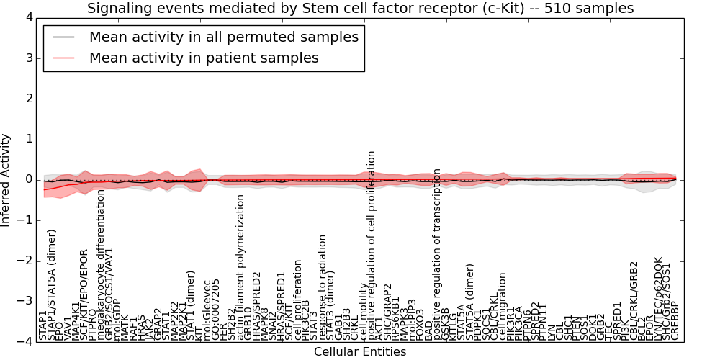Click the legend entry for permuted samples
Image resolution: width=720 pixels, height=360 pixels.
pos(223,37)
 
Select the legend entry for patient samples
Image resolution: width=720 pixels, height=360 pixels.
pos(204,58)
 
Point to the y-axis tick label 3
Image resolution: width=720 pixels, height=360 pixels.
pos(28,58)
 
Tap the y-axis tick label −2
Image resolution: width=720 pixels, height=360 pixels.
pos(25,261)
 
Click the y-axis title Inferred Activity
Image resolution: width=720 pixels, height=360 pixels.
pos(6,179)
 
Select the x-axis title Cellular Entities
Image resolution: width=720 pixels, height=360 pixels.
pos(359,351)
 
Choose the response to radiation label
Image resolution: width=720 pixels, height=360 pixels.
pos(323,287)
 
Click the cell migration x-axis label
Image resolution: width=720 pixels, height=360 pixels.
pos(503,313)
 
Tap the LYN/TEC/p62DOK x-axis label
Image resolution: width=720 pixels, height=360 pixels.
pos(658,298)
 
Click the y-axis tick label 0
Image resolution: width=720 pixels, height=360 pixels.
pos(28,179)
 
